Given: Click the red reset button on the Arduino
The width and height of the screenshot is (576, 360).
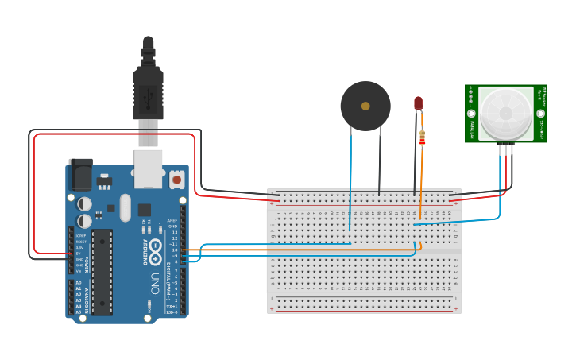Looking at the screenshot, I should [x=176, y=180].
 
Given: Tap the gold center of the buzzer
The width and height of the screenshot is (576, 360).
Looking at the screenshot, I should [x=365, y=106].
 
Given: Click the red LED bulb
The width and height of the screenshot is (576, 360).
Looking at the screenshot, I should [x=418, y=103].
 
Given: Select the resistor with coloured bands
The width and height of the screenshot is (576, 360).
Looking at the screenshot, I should [x=422, y=138].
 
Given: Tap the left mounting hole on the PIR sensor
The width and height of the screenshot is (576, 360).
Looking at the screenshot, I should [x=471, y=114].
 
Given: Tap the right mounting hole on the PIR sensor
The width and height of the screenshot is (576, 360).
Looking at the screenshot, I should [x=540, y=114].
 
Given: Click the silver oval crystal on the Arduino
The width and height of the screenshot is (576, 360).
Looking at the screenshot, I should [x=125, y=207].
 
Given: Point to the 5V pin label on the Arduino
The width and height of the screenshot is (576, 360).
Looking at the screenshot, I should [x=79, y=254].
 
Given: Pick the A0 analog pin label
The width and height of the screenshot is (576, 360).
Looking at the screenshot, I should [x=79, y=282].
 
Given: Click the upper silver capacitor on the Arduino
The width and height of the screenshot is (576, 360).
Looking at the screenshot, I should [x=84, y=204].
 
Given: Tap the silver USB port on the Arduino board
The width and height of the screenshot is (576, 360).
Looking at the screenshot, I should [x=148, y=168].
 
